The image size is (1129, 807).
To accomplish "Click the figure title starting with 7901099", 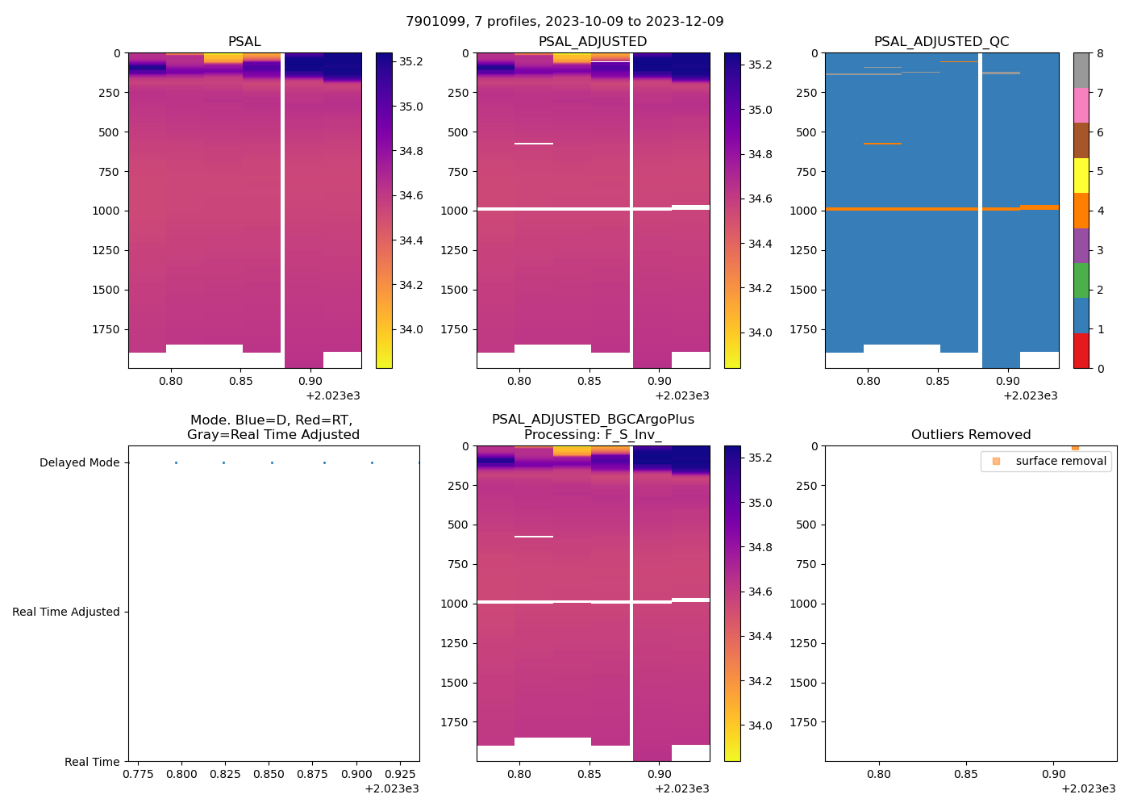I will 564,22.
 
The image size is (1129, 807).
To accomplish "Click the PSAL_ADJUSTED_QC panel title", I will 941,42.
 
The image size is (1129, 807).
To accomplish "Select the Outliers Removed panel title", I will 971,435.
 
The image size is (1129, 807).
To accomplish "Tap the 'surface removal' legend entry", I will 1060,461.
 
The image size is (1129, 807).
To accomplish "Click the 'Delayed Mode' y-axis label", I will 79,463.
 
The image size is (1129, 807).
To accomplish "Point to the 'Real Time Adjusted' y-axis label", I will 66,613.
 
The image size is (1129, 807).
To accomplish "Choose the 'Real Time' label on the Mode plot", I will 92,762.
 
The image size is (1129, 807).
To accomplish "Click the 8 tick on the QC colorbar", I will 1099,53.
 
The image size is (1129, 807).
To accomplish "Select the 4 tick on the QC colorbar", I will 1099,211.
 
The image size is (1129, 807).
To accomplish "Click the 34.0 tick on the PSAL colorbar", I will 411,329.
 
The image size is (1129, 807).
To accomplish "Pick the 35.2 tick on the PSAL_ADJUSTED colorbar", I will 760,65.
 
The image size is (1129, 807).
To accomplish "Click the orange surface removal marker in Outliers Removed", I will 1075,447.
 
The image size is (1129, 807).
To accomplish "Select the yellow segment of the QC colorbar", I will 1081,175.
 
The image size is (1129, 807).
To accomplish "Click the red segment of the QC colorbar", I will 1081,351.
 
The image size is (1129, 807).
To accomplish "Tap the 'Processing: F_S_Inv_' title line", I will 593,435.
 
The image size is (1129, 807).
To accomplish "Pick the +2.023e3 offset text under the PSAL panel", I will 333,395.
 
